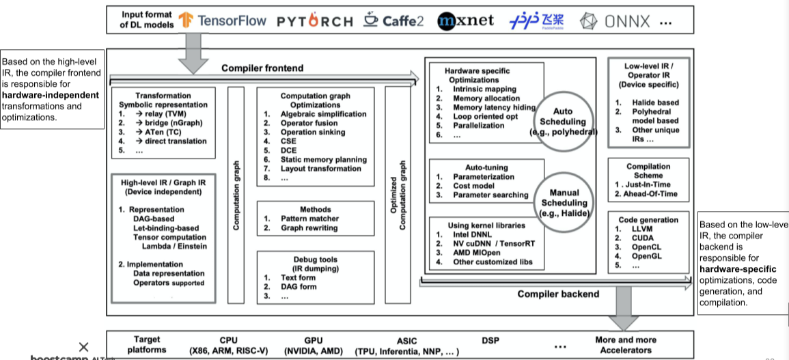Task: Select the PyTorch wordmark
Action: pyautogui.click(x=315, y=21)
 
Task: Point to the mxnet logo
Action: pyautogui.click(x=466, y=20)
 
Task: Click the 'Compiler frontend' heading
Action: pyautogui.click(x=262, y=68)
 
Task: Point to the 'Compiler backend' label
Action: pyautogui.click(x=558, y=294)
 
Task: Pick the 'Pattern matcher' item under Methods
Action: pyautogui.click(x=309, y=219)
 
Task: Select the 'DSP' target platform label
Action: pyautogui.click(x=490, y=340)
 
